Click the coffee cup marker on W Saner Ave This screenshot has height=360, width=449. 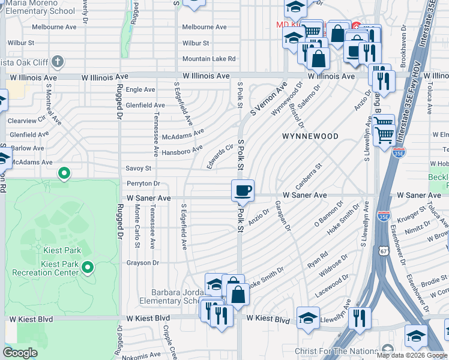(243, 191)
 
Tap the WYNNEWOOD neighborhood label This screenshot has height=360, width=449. (310, 136)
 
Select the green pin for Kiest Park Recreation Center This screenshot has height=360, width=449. (88, 267)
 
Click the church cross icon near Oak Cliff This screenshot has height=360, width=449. (57, 61)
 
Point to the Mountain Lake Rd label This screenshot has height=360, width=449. (209, 59)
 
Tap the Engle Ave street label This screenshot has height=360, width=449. (140, 89)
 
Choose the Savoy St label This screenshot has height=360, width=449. (138, 169)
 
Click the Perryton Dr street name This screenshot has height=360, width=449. (143, 184)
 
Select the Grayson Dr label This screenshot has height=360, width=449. (142, 263)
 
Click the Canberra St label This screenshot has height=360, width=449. (308, 173)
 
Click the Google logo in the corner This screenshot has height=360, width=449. (20, 353)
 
